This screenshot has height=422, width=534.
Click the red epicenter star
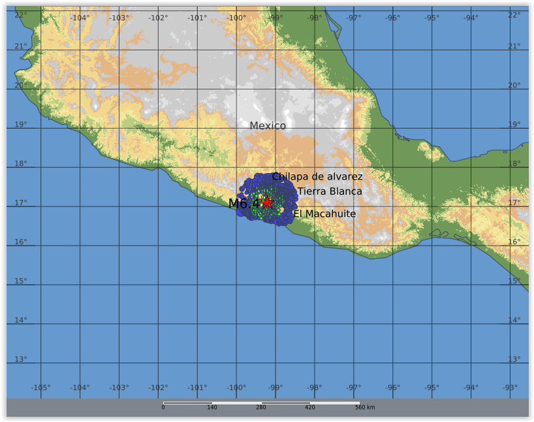coord(267,203)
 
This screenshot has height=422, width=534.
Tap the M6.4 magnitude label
coord(243,204)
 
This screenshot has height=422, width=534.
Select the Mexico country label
coord(268,125)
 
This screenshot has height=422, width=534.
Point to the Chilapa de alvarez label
coord(317,176)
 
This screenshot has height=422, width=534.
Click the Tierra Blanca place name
coord(330,191)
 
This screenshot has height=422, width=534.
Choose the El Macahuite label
coord(324,214)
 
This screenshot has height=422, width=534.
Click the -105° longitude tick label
coord(40,387)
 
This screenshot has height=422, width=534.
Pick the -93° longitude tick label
coord(510,387)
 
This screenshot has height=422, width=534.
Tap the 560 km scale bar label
coord(365,408)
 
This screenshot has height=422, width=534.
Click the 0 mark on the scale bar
coord(163,408)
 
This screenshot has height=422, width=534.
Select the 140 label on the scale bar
coord(212,408)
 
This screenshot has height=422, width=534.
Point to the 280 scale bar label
coord(261,408)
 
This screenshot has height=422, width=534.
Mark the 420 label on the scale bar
coord(310,408)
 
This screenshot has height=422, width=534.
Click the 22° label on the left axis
coord(21,15)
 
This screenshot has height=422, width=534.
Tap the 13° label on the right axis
coord(514,359)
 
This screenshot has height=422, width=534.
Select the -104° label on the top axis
coord(80,18)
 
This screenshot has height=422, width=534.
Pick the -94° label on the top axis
coord(471,18)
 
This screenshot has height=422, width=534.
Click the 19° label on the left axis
coord(21,125)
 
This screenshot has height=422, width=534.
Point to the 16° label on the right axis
coord(514,242)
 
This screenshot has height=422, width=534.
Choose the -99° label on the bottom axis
coord(275,387)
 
